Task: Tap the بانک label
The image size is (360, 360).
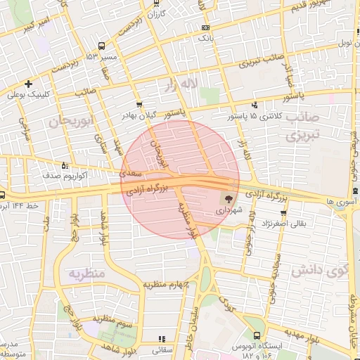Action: coord(205,37)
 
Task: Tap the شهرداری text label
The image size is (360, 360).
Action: coord(228,210)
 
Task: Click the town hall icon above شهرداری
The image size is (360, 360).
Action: coord(229,198)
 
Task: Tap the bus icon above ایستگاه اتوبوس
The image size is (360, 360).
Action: coord(257,335)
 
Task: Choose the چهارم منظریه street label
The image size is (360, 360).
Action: coord(168,285)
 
